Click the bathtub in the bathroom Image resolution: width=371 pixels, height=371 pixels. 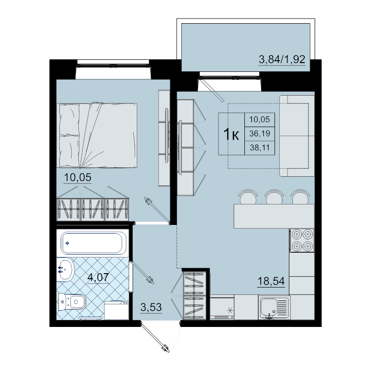[92, 243]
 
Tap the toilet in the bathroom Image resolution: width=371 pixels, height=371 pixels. [72, 302]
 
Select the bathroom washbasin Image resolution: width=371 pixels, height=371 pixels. [65, 270]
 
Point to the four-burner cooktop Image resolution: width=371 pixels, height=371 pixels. [302, 240]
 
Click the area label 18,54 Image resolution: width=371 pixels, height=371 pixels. [271, 281]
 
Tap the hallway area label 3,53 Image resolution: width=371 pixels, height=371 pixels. [151, 307]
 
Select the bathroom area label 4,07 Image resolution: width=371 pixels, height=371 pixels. [98, 277]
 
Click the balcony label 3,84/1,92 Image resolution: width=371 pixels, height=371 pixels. [282, 59]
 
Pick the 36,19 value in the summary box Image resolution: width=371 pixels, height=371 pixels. [260, 134]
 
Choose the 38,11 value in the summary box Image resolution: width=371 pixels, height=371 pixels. [260, 148]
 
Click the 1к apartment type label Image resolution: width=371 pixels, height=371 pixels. [231, 134]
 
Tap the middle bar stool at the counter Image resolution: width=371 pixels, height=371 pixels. [274, 197]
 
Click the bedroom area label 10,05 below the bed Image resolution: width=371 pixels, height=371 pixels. [77, 178]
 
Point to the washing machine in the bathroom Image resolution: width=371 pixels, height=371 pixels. [116, 310]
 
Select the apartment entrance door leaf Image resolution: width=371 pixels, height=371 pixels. [155, 337]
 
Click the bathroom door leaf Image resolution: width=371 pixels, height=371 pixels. [142, 273]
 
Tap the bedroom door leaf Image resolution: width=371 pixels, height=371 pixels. [157, 211]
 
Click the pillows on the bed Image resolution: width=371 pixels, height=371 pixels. [69, 135]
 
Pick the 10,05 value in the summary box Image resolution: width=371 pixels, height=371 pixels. [260, 120]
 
